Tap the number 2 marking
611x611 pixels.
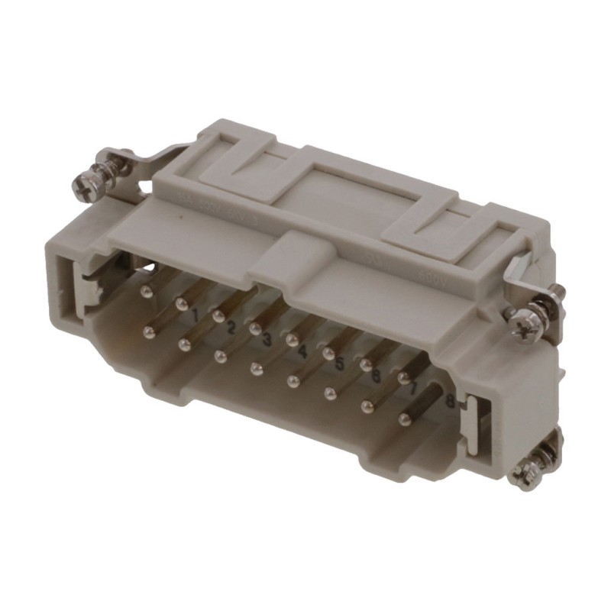click(x=230, y=328)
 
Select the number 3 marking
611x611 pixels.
click(x=267, y=340)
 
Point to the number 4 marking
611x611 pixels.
click(x=302, y=352)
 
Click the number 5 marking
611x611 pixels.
click(x=339, y=364)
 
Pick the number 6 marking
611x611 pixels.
click(x=375, y=376)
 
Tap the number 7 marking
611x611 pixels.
click(x=412, y=389)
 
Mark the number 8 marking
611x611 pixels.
click(x=450, y=402)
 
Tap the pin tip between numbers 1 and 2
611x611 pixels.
click(x=218, y=315)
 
